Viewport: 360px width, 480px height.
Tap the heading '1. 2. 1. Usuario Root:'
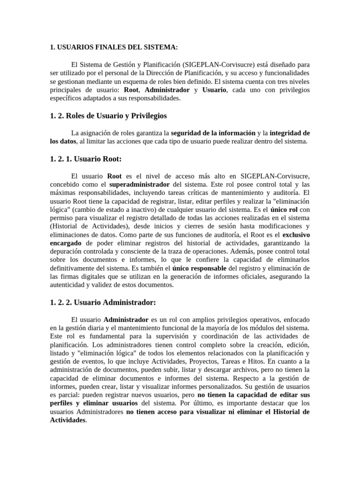[x=85, y=159]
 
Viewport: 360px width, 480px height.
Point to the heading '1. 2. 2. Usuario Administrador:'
[x=103, y=302]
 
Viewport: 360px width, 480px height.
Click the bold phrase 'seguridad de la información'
[x=213, y=133]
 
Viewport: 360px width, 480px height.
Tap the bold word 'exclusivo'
[x=296, y=234]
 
